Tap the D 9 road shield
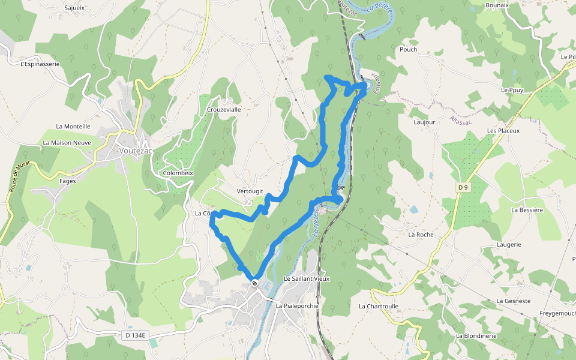click(462, 188)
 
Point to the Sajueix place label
click(74, 8)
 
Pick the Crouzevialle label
click(224, 110)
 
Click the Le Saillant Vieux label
click(307, 279)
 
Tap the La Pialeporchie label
click(296, 305)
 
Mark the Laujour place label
click(424, 122)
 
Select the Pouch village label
click(408, 50)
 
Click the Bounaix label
click(497, 5)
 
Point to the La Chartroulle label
click(379, 306)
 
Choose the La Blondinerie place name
click(476, 336)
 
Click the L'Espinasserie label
click(40, 64)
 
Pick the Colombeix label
click(178, 173)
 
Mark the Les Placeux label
click(503, 130)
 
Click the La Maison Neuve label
click(67, 143)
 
